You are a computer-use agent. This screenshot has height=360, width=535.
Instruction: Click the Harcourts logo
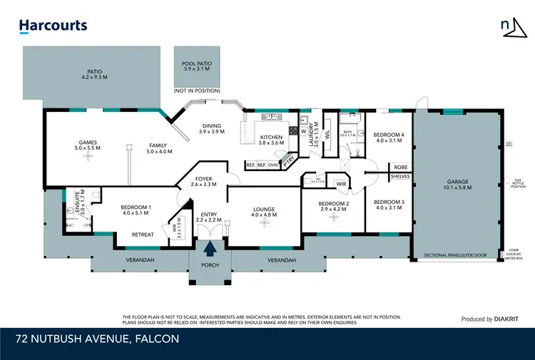coord(53,26)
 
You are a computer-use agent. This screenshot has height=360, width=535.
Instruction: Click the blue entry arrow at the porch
coord(210,249)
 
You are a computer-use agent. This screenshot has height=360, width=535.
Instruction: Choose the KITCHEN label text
coord(271,137)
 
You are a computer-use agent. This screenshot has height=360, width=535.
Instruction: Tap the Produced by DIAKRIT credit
coord(489,319)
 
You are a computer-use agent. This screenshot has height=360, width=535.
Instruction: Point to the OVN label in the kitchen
coord(273,165)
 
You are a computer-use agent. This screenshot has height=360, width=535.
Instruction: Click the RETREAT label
coord(143,235)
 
